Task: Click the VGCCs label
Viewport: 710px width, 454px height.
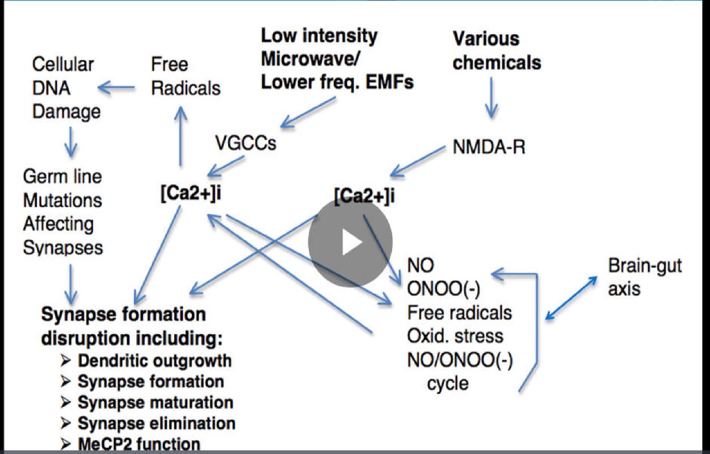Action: tap(246, 144)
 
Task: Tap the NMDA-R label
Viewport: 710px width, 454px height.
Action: tap(489, 148)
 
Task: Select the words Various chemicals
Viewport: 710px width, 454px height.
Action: tap(496, 50)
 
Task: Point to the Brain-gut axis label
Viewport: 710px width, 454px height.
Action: tap(644, 277)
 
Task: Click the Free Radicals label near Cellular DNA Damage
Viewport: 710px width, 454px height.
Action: tap(186, 76)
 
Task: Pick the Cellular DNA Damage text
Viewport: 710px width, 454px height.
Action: tap(66, 88)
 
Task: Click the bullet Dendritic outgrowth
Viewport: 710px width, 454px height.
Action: tap(154, 360)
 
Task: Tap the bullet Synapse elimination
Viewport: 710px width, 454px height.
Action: tap(156, 423)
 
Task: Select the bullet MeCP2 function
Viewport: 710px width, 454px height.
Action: tap(139, 444)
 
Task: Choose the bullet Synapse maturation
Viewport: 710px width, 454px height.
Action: tap(155, 402)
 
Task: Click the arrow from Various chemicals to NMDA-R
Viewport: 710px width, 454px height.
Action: tap(491, 97)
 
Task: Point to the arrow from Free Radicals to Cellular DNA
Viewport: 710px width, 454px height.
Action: tap(117, 88)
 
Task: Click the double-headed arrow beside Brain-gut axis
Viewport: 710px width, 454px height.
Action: tap(572, 299)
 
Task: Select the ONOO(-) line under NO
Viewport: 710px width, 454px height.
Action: tap(444, 289)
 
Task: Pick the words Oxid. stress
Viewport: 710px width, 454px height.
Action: tap(455, 335)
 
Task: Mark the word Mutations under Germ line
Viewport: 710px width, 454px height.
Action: tap(62, 200)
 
